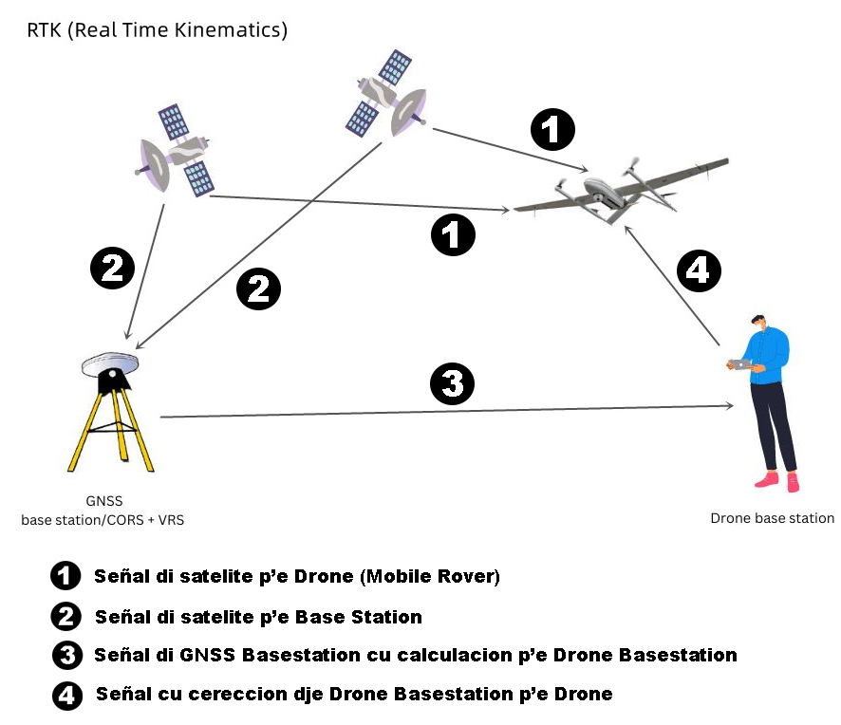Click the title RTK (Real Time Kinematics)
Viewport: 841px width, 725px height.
[158, 30]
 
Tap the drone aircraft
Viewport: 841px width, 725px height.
[621, 192]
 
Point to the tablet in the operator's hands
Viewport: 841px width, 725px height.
[741, 364]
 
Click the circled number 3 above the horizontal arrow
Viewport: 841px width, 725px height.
[452, 384]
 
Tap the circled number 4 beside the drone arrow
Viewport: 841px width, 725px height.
[699, 270]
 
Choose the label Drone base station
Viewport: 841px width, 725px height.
[773, 518]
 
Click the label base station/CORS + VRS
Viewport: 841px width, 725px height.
[103, 520]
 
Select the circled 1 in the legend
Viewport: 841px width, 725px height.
[65, 576]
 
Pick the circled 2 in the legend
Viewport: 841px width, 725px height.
[66, 617]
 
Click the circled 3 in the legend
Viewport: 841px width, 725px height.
[67, 656]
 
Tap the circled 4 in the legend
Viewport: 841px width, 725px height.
[67, 696]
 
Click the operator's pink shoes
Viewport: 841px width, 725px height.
[777, 480]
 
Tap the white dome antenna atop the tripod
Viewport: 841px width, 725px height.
[110, 364]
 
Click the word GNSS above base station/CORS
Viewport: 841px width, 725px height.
[104, 501]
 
